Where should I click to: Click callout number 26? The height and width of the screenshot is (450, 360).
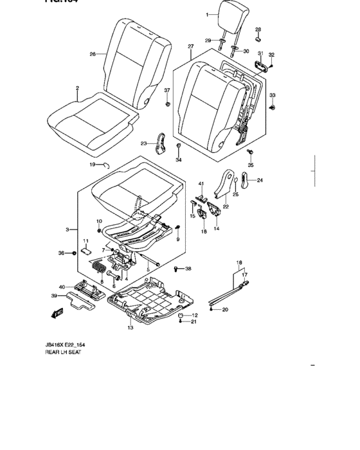click(x=93, y=55)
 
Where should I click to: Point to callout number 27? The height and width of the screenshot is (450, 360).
click(x=191, y=47)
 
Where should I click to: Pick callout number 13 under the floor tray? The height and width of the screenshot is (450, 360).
click(x=130, y=328)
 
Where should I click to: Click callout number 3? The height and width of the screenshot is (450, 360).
click(x=67, y=229)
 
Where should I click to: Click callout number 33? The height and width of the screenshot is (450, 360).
click(x=273, y=95)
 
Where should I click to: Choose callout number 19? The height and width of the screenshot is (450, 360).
click(x=92, y=165)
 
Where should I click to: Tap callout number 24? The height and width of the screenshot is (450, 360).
click(x=260, y=181)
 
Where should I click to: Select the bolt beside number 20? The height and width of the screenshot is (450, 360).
click(x=216, y=310)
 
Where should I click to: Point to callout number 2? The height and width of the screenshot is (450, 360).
click(x=77, y=88)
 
